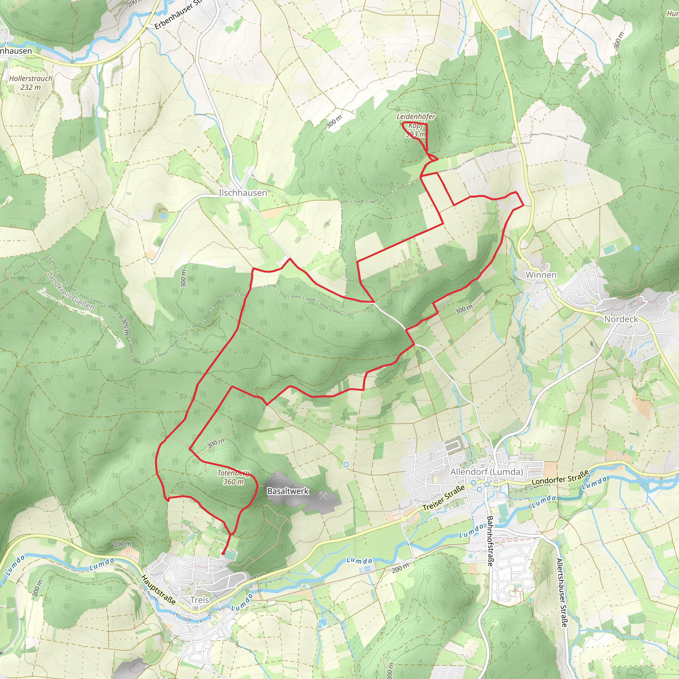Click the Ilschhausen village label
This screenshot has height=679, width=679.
(243, 193)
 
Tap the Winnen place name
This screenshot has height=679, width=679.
(541, 275)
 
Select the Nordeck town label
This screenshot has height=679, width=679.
(621, 319)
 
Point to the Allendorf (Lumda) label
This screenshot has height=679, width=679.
(486, 472)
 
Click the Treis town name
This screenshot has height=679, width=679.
(200, 600)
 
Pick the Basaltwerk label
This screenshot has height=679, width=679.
(288, 491)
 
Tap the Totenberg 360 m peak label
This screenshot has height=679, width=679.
(233, 477)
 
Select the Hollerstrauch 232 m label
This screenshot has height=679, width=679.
(31, 83)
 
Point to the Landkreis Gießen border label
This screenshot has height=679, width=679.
(71, 291)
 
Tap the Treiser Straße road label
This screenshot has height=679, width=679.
(444, 498)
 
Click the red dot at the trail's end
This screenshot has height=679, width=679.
(223, 554)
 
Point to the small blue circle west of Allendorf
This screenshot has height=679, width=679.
(346, 464)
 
